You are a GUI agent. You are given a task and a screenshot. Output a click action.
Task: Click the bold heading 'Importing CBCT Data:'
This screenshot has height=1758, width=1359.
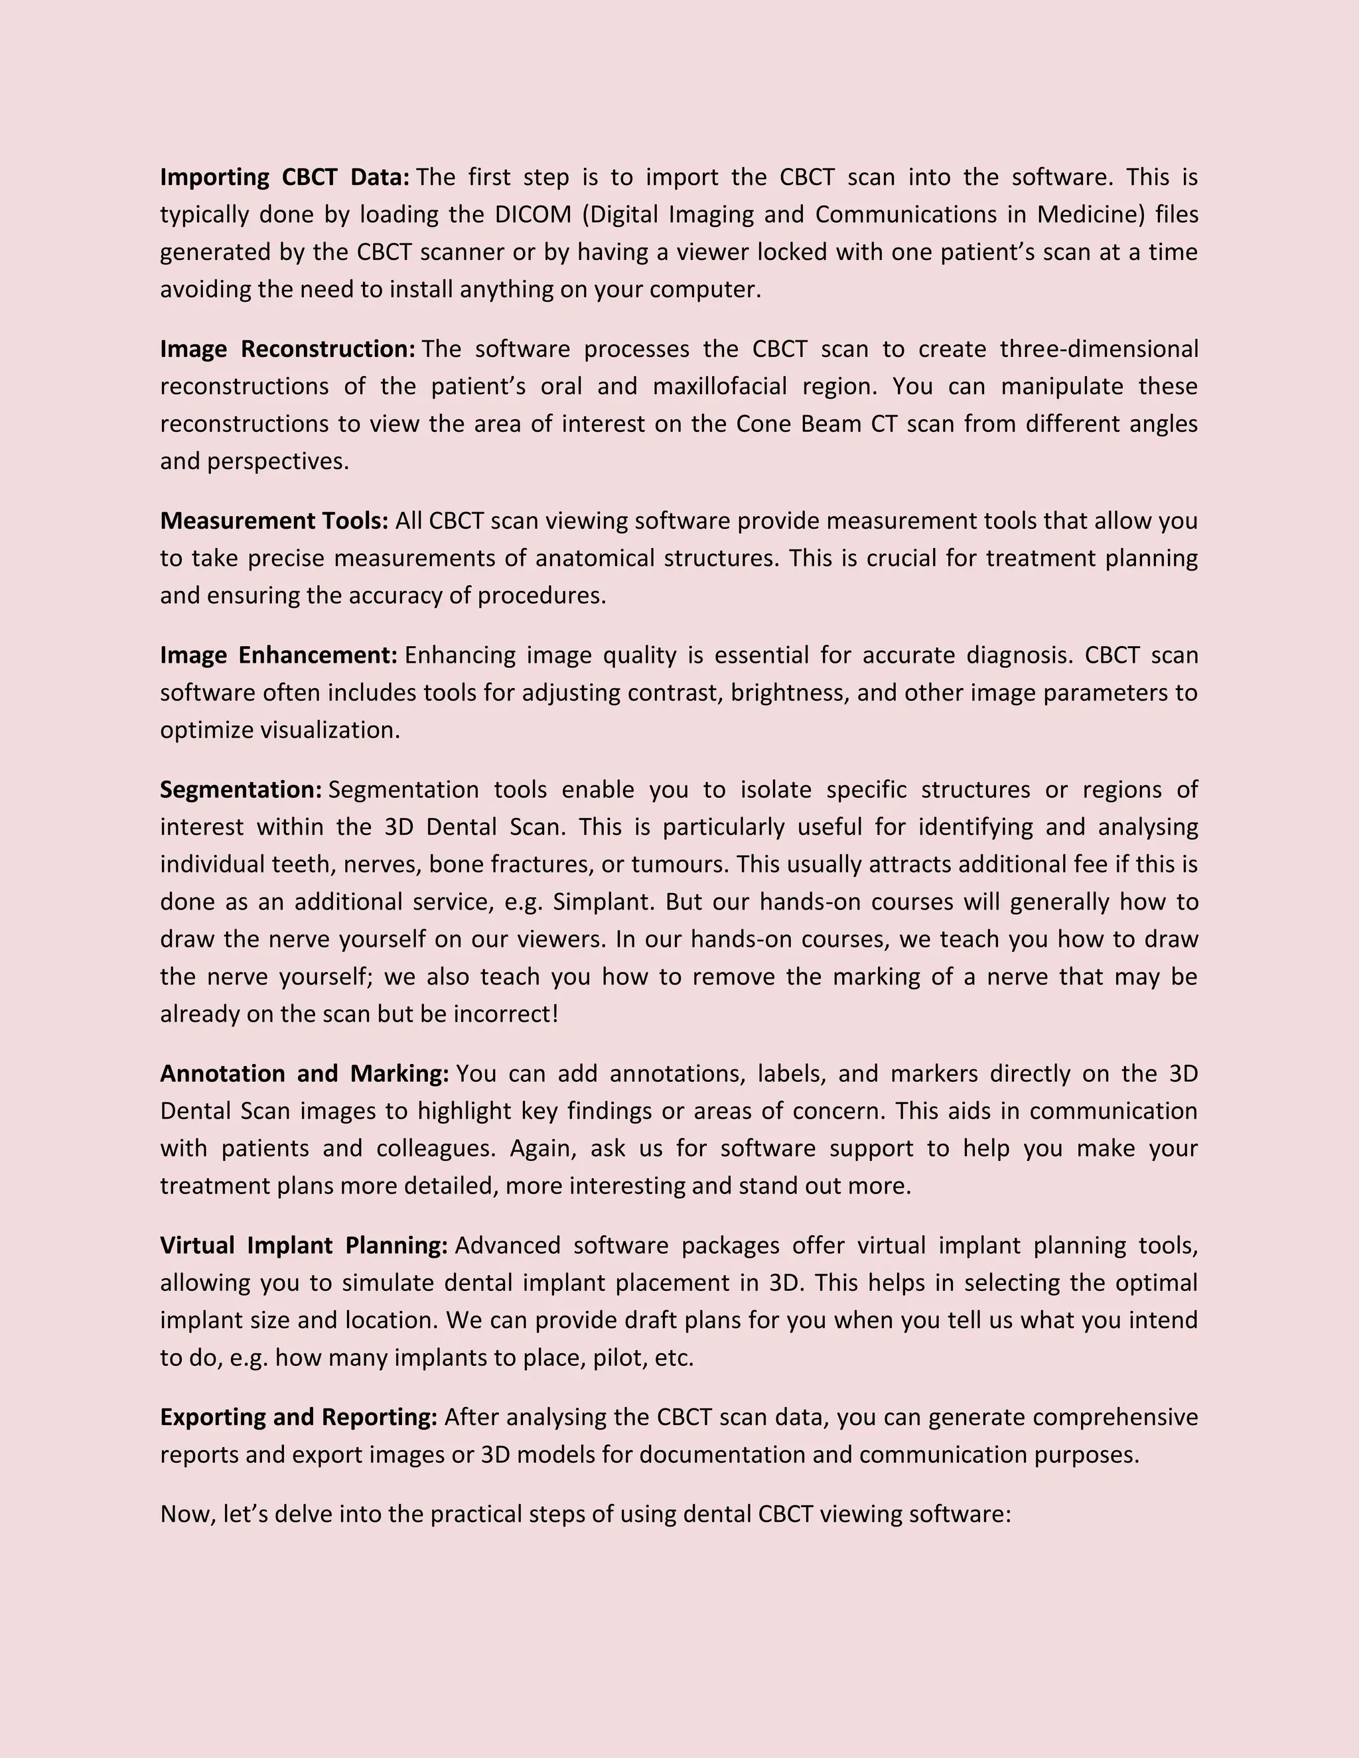(x=285, y=177)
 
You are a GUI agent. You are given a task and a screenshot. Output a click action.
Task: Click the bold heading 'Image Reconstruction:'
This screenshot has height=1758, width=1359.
(x=287, y=350)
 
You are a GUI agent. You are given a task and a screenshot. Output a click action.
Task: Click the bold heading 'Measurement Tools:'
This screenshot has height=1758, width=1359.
(x=274, y=521)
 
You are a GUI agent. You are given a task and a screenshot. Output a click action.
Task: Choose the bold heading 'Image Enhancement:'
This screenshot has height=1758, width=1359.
(x=279, y=656)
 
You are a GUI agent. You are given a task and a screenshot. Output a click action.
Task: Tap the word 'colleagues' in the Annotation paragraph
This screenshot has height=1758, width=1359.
(x=435, y=1148)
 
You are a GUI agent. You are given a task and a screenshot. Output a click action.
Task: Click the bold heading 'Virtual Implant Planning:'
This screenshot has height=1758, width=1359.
(x=303, y=1246)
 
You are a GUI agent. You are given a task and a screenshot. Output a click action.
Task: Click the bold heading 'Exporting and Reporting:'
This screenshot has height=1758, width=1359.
(x=298, y=1418)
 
